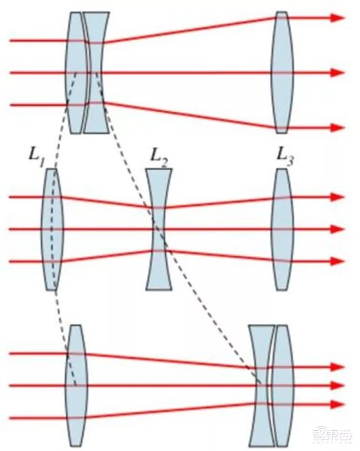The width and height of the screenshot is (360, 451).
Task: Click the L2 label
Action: (x=159, y=158)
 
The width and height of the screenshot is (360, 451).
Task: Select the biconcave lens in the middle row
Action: (x=159, y=229)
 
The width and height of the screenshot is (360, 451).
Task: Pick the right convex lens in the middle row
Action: (x=282, y=229)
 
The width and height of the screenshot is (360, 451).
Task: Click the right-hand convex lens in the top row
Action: (x=282, y=72)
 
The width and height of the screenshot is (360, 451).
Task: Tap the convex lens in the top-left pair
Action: (x=76, y=72)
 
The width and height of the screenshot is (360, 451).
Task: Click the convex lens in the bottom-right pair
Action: (x=283, y=385)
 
